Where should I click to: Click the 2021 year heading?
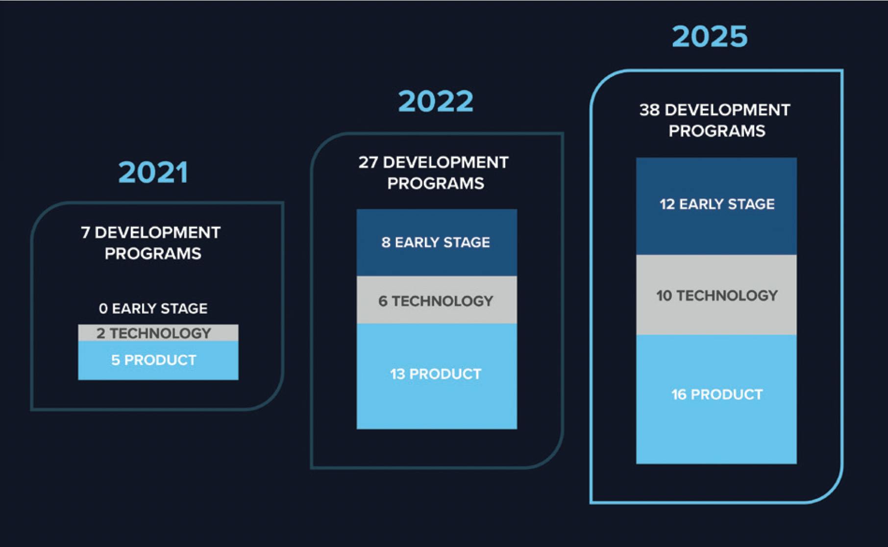pos(153,173)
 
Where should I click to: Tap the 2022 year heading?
pos(436,101)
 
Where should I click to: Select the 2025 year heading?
pos(710,36)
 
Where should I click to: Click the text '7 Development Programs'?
pos(151,243)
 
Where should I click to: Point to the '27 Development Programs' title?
pos(434,173)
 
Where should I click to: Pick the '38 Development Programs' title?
pos(715,120)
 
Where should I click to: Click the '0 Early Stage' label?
pos(153,308)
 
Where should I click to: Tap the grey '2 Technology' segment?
pos(158,333)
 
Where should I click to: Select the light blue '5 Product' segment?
pos(158,360)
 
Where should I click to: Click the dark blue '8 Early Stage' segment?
pos(437,243)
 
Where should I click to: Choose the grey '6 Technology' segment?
pos(437,300)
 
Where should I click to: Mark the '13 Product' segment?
pos(437,376)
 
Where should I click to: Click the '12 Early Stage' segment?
pos(716,206)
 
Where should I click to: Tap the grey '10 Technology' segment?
pos(716,295)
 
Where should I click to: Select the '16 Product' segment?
pos(716,399)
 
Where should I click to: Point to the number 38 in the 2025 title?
pos(649,110)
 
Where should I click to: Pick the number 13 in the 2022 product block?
pos(397,374)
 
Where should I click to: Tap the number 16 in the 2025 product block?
pos(679,395)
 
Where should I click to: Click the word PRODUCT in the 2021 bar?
pos(160,360)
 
